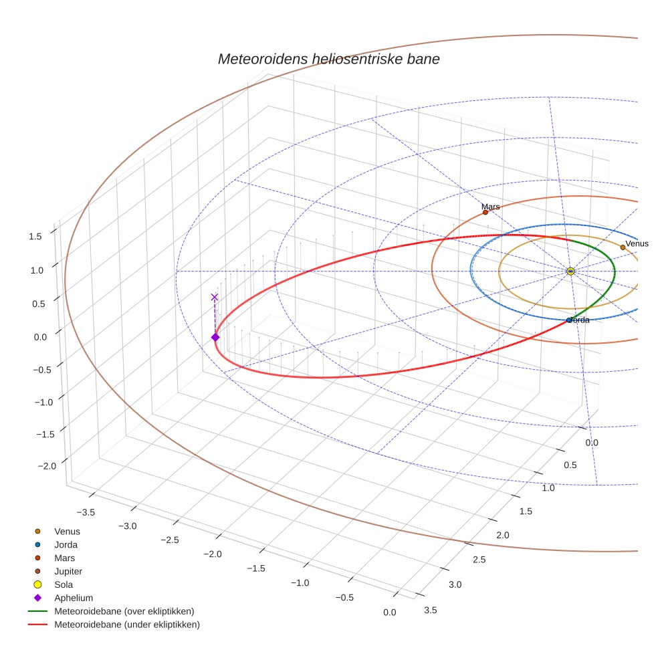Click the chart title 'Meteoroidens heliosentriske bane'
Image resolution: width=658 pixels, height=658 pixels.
[328, 59]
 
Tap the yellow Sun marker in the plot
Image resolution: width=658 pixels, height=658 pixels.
[570, 271]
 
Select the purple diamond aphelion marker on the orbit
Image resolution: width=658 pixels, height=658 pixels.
[215, 337]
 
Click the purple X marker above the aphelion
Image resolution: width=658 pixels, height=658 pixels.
[215, 297]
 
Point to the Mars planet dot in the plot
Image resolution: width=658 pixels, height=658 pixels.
[485, 213]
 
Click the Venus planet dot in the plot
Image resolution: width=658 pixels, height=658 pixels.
[623, 247]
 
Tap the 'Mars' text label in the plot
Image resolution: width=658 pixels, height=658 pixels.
[491, 207]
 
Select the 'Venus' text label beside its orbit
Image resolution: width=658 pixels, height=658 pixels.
[637, 243]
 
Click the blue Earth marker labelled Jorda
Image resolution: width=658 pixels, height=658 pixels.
[569, 320]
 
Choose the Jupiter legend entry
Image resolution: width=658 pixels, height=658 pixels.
[68, 571]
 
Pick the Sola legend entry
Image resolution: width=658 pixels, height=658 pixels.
[64, 584]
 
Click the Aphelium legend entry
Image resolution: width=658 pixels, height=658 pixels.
[73, 598]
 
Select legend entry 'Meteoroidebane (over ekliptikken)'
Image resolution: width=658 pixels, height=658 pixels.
[124, 611]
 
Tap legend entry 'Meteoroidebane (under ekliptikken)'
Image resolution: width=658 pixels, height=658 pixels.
[126, 625]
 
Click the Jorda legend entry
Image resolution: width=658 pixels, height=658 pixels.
[66, 544]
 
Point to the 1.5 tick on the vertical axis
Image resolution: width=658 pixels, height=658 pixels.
[35, 235]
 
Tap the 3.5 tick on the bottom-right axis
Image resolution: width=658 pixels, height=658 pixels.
[431, 609]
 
